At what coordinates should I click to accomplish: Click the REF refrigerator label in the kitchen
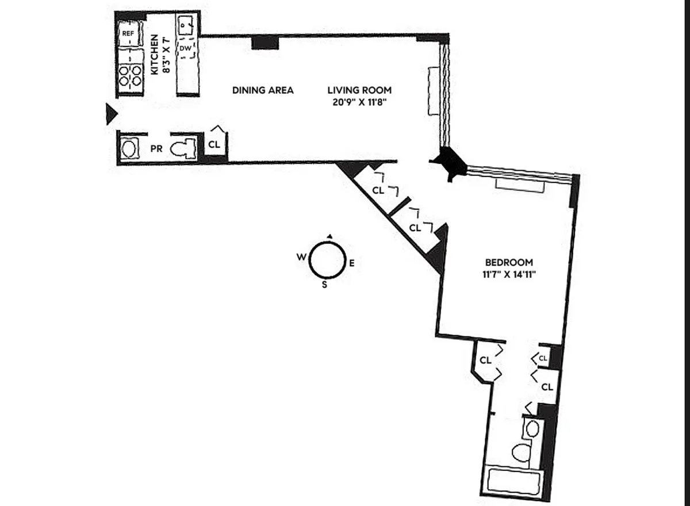pos(128,34)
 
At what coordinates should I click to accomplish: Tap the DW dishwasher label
pos(185,49)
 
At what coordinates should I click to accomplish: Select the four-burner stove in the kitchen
pos(131,75)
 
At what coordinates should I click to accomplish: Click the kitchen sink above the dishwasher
pos(187,26)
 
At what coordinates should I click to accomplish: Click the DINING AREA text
pos(263,90)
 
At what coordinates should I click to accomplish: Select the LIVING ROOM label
pos(359,90)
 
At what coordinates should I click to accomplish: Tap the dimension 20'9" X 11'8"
pos(359,102)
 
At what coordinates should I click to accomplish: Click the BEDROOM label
pos(509,262)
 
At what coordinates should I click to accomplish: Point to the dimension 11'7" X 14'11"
pos(509,274)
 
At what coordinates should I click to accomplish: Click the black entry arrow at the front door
pos(111,114)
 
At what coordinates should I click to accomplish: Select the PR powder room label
pos(156,149)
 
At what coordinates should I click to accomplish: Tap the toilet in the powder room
pos(185,149)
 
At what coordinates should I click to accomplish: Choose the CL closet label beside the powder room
pos(214,145)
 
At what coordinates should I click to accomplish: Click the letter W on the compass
pos(301,258)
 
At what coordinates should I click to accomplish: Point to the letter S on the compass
pos(324,284)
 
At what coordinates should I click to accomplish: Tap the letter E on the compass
pos(352,263)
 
